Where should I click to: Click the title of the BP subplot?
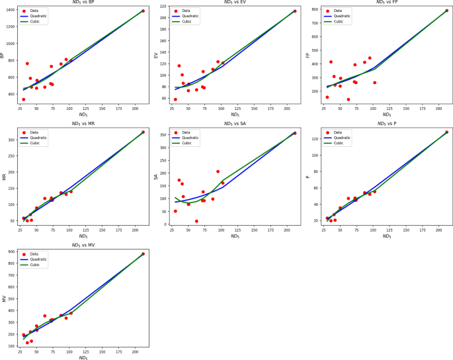click(83, 3)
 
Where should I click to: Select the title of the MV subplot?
click(83, 245)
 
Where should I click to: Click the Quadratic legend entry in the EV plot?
click(190, 16)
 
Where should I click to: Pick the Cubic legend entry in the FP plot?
click(339, 21)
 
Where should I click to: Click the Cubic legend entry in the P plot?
click(339, 142)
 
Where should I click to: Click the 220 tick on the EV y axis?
click(164, 6)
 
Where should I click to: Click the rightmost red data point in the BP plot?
click(143, 11)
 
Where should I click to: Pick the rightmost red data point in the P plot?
click(446, 132)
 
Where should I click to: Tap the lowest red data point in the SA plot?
click(196, 221)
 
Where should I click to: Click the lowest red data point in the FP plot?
click(348, 99)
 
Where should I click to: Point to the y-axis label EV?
click(156, 55)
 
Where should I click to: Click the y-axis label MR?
click(5, 177)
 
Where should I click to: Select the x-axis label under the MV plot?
click(83, 357)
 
